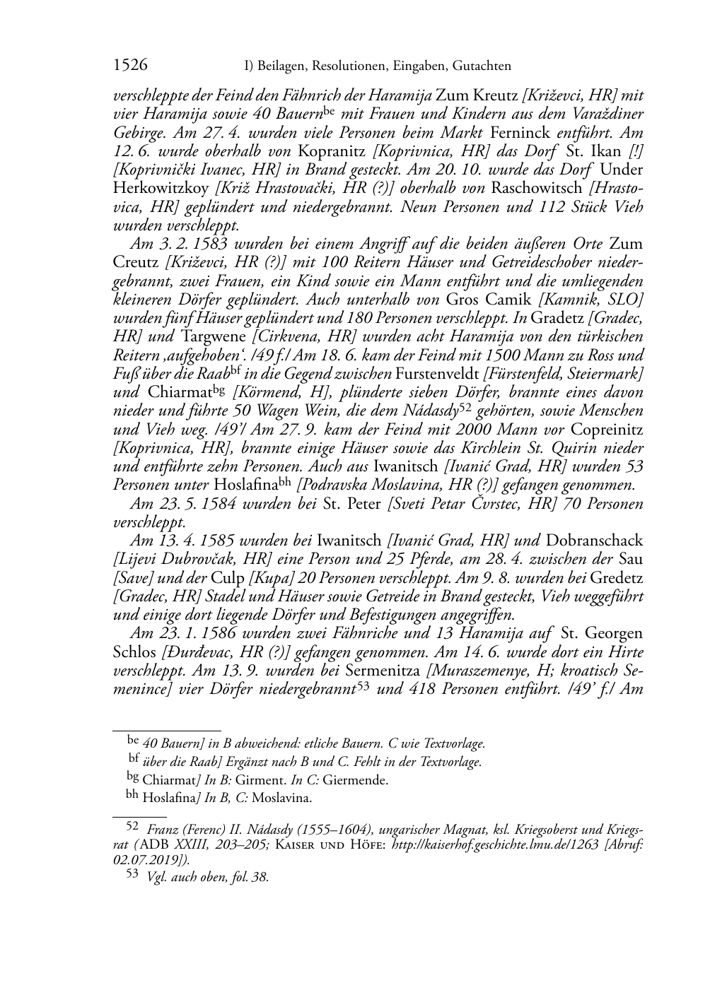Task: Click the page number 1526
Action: coord(130,66)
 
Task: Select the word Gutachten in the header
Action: coord(479,66)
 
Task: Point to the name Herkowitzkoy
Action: coord(162,189)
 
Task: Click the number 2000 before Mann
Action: coord(479,429)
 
